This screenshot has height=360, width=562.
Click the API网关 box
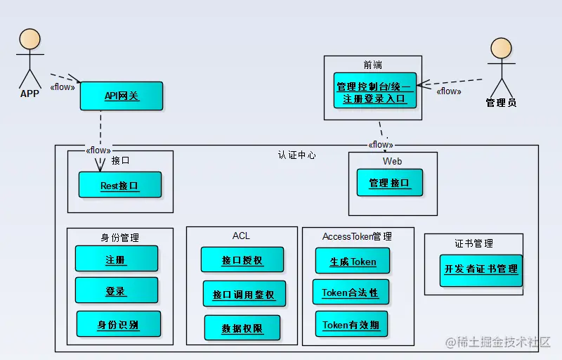coord(121,96)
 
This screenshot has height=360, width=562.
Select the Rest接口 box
coord(119,185)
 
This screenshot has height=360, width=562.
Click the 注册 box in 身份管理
coord(116,259)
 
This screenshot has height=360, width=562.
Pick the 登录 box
coord(116,290)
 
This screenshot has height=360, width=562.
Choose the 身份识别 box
coord(118,324)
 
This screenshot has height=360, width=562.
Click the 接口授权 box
coord(242,259)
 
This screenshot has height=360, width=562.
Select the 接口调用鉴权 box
coord(244,294)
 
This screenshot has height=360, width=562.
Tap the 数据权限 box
coord(242,328)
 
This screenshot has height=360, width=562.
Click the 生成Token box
coord(353,261)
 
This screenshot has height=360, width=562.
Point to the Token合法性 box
coord(350,292)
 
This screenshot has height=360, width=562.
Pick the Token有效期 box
coord(351,324)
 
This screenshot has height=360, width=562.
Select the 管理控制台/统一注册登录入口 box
coord(375,91)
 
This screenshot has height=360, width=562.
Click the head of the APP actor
coord(30,39)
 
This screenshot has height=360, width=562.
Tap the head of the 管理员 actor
coord(501,49)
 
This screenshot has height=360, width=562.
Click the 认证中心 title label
coord(296,155)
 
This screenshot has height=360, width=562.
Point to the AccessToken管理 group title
coord(357,236)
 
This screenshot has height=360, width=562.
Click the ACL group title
coord(241,236)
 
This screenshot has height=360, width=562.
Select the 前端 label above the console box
coord(373,65)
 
